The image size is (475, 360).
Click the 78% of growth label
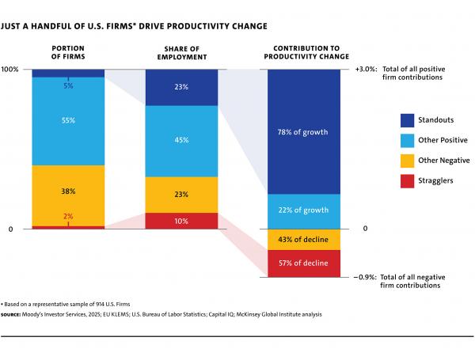click(x=303, y=131)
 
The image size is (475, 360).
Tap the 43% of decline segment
click(x=303, y=240)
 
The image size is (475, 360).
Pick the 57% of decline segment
click(x=303, y=263)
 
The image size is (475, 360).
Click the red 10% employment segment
click(x=181, y=221)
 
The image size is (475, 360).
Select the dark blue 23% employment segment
click(x=181, y=87)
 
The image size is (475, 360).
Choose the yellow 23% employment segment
click(x=181, y=195)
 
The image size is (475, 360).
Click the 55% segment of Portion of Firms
click(x=68, y=121)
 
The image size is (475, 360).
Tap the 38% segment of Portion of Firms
click(x=68, y=191)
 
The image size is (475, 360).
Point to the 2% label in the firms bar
click(x=68, y=216)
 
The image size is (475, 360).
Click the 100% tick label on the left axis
click(x=10, y=69)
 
